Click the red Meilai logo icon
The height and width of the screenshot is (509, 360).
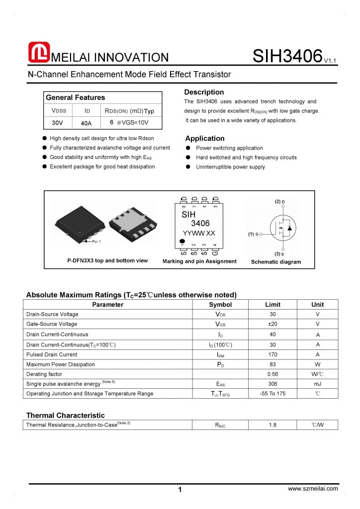point(39,53)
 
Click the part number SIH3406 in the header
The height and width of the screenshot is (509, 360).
point(287,56)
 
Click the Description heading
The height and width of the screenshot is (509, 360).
point(204,92)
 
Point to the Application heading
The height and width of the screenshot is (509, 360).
point(205,138)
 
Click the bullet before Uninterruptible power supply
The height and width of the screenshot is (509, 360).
point(188,167)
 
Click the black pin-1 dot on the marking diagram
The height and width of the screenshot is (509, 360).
point(183,242)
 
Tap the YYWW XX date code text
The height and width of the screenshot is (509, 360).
point(199,233)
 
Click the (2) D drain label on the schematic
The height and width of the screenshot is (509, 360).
point(280,202)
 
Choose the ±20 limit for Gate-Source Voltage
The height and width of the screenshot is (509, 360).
point(272,324)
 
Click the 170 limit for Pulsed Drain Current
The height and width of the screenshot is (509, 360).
point(272,354)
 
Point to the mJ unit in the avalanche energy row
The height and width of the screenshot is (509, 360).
point(317,384)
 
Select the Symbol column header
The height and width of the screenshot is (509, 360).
point(220,305)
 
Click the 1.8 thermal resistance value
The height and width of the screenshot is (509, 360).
point(272,425)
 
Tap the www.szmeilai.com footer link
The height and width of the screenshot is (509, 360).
point(313,489)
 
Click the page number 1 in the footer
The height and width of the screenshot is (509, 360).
point(180,490)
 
